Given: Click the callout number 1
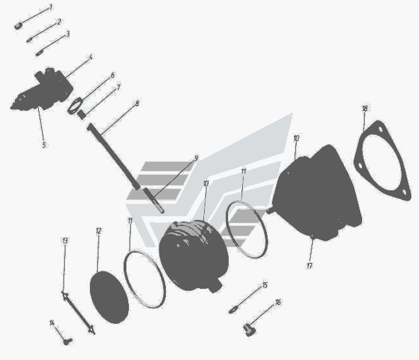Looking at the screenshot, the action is click(x=51, y=8).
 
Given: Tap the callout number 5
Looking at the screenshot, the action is click(x=44, y=145).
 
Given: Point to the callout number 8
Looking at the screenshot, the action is click(x=137, y=103).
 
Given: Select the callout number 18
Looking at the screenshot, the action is click(x=365, y=108).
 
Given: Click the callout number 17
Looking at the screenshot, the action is click(x=310, y=265).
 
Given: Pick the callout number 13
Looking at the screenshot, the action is click(x=65, y=240).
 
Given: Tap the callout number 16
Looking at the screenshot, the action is click(x=278, y=302).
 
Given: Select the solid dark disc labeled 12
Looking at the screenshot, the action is click(x=109, y=297).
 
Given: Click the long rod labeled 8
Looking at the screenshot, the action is click(x=114, y=157).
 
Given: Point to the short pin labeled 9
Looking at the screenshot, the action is click(x=154, y=201).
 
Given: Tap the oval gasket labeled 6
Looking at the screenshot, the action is click(x=75, y=106).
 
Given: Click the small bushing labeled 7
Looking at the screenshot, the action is click(x=81, y=115).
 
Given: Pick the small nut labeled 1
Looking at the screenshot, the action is click(x=18, y=26).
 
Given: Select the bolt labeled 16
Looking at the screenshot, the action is click(x=249, y=329).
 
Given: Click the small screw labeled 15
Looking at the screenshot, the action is click(x=233, y=310).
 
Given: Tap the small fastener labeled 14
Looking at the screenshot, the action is click(x=67, y=341).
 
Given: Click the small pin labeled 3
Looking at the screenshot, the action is click(x=40, y=53).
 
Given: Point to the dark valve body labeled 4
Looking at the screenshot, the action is click(x=42, y=89).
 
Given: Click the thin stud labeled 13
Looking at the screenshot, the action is click(x=78, y=313).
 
